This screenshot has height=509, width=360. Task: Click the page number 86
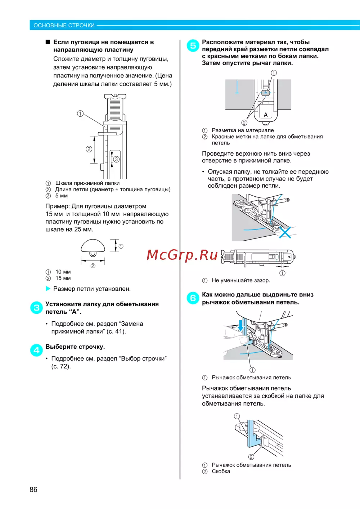coord(33,490)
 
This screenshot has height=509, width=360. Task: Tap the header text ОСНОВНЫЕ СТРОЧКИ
coord(64,26)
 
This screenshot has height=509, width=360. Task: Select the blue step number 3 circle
coord(36,308)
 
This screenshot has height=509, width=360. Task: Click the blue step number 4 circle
coord(36,350)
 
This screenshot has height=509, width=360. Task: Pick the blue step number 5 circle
coord(193,46)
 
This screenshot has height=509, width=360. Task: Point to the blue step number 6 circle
coord(193,298)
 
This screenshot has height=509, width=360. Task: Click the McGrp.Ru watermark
coord(182,255)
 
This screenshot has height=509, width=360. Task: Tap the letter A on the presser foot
coord(266,115)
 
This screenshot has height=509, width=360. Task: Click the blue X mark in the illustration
coord(285,232)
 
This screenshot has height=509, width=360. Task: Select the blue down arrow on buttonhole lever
coord(241,325)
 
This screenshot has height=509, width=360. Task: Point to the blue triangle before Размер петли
coord(48,289)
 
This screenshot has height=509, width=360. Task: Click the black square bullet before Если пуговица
coord(48,42)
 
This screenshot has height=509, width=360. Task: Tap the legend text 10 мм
coord(63,272)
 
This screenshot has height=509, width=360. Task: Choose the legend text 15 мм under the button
coord(63,278)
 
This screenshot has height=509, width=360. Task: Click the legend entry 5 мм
coord(62,196)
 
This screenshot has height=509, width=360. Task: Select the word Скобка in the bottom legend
coord(221,472)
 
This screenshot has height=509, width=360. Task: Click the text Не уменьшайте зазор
coord(240,280)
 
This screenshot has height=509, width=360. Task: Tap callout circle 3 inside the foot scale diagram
coord(116,159)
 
